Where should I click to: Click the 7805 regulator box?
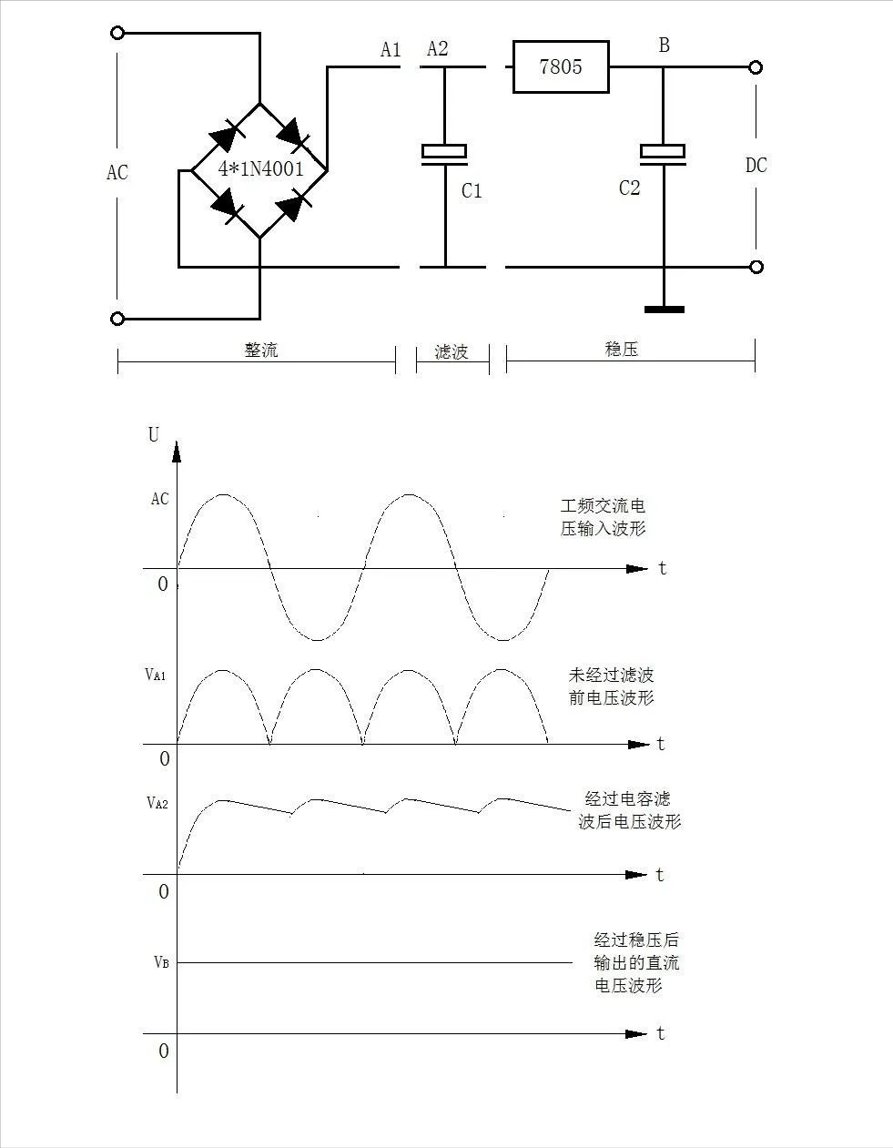pos(561,66)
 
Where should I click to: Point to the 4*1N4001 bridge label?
pos(261,169)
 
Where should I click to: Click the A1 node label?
pos(391,50)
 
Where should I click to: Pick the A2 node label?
pos(437,48)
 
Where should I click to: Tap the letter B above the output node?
pos(665,46)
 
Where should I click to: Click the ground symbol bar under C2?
pos(665,310)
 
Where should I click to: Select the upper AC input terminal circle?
pos(117,33)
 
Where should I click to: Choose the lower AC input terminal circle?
pos(117,319)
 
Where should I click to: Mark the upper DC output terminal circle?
pos(756,67)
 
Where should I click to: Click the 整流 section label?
pos(261,350)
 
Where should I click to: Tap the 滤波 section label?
pos(452,351)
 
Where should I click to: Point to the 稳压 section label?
pos(622,349)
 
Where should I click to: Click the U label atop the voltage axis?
pos(153,435)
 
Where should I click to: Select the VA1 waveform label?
pos(156,675)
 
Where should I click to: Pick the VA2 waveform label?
pos(157,804)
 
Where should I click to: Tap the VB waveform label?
pos(162,962)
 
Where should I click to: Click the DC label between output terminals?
pos(756,166)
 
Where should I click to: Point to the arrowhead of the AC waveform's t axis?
pos(637,569)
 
